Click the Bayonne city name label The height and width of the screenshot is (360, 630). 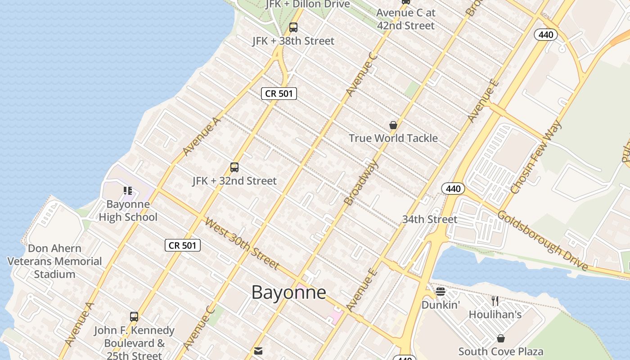coord(288,292)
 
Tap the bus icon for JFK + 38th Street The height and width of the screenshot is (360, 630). coord(293,27)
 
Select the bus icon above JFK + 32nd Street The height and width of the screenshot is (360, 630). coord(234,167)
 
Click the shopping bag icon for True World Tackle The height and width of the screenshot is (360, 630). coord(393,125)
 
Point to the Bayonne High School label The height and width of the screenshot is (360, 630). coord(128,211)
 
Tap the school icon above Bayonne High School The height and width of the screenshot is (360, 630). coord(128,191)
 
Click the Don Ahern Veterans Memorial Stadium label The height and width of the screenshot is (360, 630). coord(54,261)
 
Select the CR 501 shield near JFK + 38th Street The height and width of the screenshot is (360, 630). coord(279,94)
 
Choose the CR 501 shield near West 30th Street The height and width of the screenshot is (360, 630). coord(183,245)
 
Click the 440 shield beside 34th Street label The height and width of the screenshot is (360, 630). coord(453,189)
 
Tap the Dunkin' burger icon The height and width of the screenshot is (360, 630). coord(441,292)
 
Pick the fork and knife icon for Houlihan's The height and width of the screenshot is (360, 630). coord(495,301)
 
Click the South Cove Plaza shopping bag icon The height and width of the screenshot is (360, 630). coord(501,338)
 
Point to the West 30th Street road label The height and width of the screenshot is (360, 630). coord(242,243)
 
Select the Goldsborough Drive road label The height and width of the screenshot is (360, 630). coord(542,240)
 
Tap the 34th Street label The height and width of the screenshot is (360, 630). coord(429,219)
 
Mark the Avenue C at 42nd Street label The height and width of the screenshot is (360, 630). coord(406,19)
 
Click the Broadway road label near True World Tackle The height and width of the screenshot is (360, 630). coord(361,182)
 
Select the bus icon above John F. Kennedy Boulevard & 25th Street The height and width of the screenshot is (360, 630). coord(134,316)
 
